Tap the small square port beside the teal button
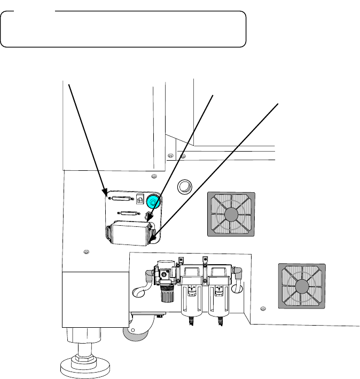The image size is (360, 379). click(141, 199)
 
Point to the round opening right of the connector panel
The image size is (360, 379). click(185, 187)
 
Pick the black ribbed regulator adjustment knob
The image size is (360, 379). click(165, 293)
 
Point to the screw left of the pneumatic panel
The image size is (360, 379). click(86, 251)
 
